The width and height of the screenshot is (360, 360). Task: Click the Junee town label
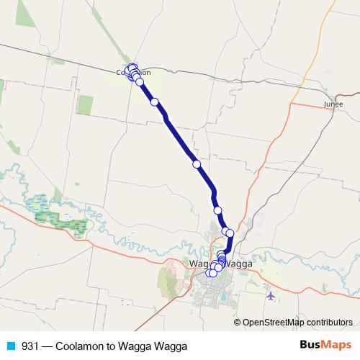click(x=333, y=104)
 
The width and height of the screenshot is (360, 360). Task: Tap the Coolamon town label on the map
click(x=133, y=72)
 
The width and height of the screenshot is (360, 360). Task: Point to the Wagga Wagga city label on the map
click(x=221, y=264)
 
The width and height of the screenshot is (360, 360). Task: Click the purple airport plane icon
click(x=270, y=296)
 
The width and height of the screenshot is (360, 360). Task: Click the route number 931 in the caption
click(x=31, y=346)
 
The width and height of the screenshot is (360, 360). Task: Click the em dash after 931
click(x=48, y=346)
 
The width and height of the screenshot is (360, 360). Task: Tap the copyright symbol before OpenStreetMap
click(x=238, y=323)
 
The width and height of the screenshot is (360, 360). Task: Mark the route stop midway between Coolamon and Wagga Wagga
click(x=197, y=164)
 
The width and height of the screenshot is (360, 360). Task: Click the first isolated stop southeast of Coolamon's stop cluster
click(x=155, y=102)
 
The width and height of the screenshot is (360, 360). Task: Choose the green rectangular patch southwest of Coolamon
click(x=85, y=105)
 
